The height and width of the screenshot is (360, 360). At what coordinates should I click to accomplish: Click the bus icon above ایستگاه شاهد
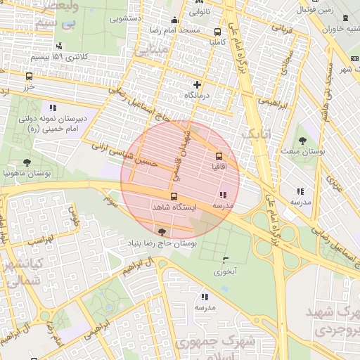point(174,196)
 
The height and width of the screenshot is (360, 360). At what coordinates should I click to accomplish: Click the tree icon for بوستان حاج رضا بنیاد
point(163,231)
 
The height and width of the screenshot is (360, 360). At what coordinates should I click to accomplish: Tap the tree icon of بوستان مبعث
point(303,141)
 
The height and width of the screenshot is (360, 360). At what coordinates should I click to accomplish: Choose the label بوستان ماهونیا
point(26,172)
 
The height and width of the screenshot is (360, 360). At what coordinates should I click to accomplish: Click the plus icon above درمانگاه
point(197,84)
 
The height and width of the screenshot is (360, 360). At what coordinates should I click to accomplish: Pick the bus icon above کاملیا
point(217,32)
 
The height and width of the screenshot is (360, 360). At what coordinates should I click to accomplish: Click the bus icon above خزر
point(29,76)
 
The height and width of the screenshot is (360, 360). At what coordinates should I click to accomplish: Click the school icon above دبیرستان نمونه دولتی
point(52,108)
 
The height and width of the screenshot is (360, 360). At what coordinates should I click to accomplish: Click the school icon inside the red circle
point(223,195)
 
